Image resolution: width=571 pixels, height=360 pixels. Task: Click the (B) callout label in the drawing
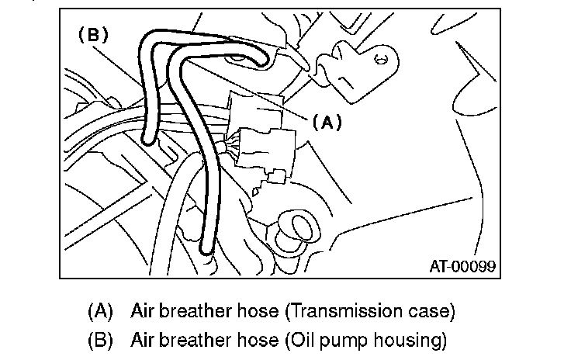tap(92, 35)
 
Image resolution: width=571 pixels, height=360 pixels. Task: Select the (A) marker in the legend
tap(101, 312)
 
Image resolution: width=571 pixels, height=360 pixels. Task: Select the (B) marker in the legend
tap(101, 340)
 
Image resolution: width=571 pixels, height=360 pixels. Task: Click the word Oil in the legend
tap(300, 340)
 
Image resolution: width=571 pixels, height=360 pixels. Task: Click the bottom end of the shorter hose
tap(147, 140)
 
